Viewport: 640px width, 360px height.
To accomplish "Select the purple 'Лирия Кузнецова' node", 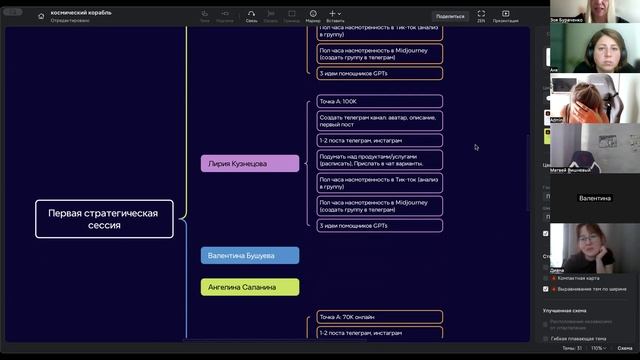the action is click(x=250, y=163).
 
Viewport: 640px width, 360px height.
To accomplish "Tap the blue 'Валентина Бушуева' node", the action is click(x=250, y=256).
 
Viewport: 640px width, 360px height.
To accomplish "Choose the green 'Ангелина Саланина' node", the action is click(x=250, y=287).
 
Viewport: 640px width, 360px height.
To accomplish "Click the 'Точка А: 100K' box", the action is click(x=379, y=102).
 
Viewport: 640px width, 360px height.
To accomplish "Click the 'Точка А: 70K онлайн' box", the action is click(x=379, y=317).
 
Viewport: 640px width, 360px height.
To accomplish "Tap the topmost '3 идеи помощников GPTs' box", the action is click(x=379, y=73).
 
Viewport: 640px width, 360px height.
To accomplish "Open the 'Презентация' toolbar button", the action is click(x=505, y=16).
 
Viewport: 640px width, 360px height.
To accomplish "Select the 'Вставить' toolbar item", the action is click(x=335, y=16).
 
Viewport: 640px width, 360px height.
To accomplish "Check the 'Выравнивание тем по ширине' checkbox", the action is click(x=545, y=289).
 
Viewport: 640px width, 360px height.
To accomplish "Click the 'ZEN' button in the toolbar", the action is click(x=481, y=16).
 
